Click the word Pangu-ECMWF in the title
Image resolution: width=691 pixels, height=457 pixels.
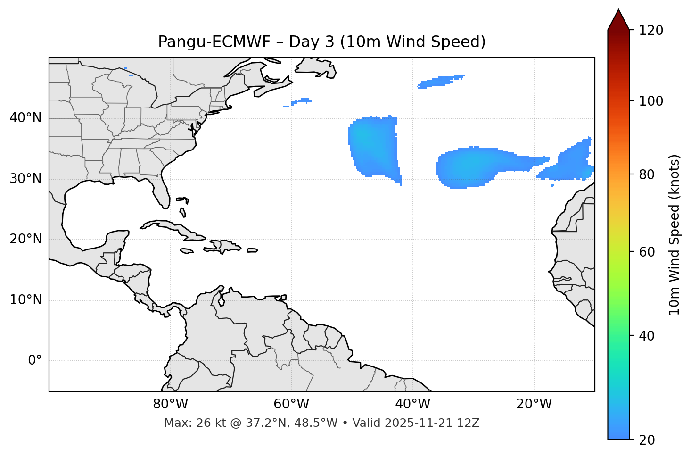click(214, 42)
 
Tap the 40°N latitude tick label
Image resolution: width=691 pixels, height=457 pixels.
click(25, 118)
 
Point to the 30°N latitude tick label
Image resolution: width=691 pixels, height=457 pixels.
click(25, 179)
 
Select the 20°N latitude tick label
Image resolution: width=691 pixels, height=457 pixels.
click(25, 239)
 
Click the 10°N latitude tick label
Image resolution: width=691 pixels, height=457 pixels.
click(25, 300)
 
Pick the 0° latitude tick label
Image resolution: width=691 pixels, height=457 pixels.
click(34, 361)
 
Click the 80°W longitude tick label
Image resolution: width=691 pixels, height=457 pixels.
click(170, 404)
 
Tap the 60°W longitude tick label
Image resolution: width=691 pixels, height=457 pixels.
click(291, 404)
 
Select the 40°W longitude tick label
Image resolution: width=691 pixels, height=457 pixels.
click(412, 404)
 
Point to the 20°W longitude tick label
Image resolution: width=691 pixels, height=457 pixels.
click(534, 404)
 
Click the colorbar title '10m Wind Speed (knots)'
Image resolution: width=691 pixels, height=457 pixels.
click(675, 234)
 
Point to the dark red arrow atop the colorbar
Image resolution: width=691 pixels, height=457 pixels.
click(618, 20)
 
